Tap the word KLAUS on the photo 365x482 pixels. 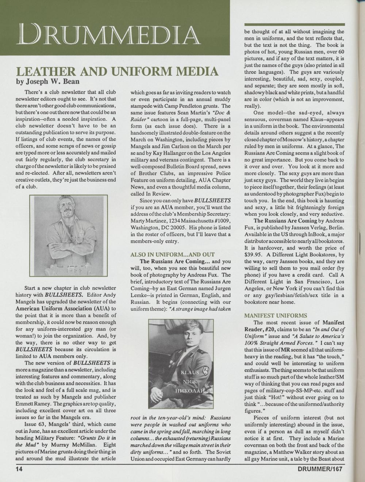click(190, 372)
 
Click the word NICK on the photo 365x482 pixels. click(190, 382)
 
